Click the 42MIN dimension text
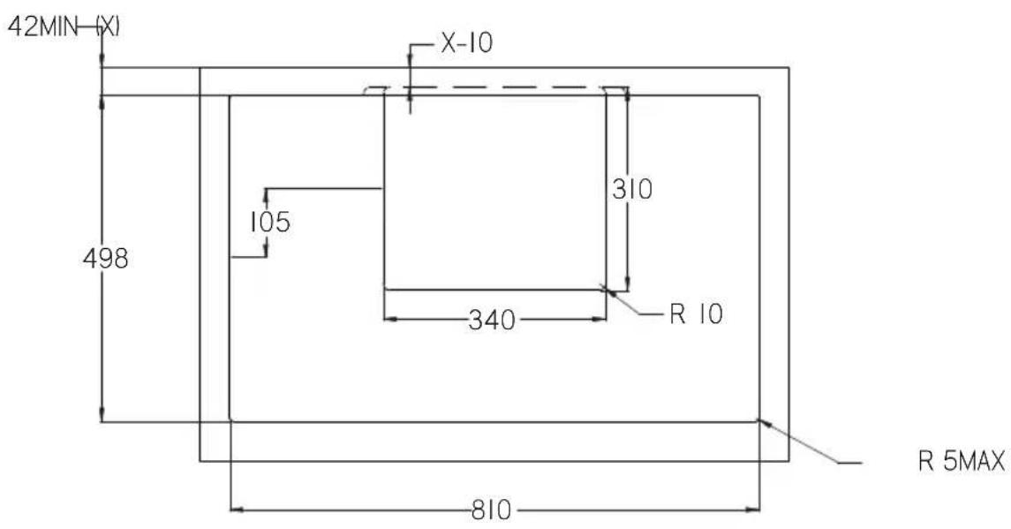click(x=41, y=27)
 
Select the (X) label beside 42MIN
click(x=108, y=27)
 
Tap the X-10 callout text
click(x=466, y=43)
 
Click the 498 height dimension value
click(x=106, y=259)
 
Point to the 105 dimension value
click(x=270, y=222)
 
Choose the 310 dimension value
click(x=632, y=189)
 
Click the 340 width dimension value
click(x=492, y=320)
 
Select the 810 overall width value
click(x=492, y=510)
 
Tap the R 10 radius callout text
click(x=697, y=314)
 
